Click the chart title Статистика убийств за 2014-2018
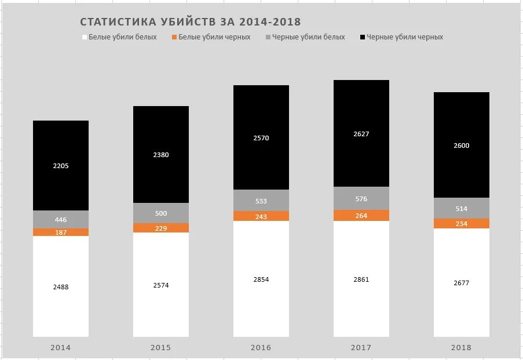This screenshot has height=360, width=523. point(190,22)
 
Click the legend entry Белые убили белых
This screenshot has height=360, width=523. point(122,37)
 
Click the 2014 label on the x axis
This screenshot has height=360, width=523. point(61,348)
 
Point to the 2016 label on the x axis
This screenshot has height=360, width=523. point(261,348)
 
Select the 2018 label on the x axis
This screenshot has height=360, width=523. point(461,348)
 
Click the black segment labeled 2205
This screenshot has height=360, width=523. point(61,166)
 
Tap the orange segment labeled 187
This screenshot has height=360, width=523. point(61,232)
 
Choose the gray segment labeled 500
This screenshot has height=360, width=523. point(161,213)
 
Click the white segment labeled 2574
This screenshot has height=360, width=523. point(161,285)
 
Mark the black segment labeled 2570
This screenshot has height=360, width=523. point(261,138)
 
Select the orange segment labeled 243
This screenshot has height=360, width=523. point(261,216)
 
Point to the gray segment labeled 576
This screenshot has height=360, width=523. point(361,199)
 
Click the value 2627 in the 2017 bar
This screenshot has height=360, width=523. point(361,134)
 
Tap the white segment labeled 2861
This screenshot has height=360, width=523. point(361,279)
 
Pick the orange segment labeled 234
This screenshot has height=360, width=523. point(462,224)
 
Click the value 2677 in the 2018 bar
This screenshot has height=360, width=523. point(462,283)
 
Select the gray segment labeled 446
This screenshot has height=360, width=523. point(61,220)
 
